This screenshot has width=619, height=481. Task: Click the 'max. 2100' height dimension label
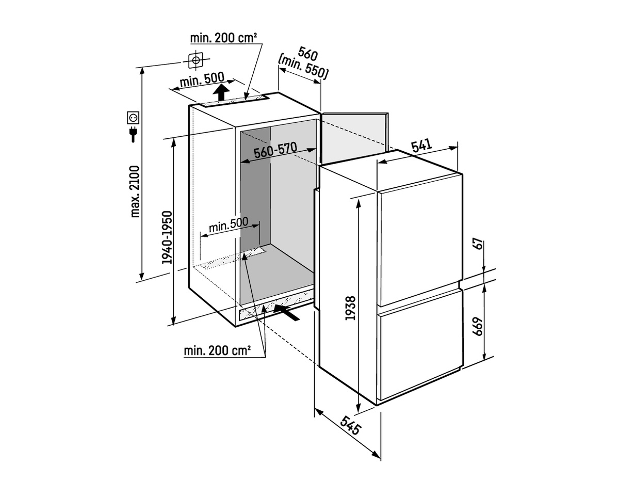tap(135, 191)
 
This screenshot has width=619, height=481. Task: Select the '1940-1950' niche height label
tap(167, 237)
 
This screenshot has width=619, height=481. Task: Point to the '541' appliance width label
tap(422, 146)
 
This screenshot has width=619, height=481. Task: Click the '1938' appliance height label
tap(351, 308)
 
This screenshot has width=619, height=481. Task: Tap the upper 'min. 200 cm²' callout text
tap(224, 38)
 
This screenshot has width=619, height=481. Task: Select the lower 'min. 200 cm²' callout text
tap(217, 350)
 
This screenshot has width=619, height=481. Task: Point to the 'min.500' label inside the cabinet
tap(229, 225)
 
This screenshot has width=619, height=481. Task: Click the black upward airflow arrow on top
tap(221, 92)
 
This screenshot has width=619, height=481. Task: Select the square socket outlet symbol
tap(133, 118)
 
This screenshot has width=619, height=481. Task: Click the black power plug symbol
tap(133, 135)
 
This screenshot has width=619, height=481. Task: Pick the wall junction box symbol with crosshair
tap(196, 60)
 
